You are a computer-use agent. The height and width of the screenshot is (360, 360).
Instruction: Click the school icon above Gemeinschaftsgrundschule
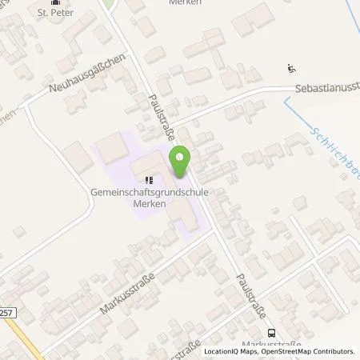pyautogui.click(x=148, y=179)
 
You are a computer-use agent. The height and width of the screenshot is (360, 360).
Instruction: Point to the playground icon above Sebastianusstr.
pyautogui.click(x=290, y=70)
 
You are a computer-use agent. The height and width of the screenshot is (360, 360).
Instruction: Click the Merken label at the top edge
pyautogui.click(x=184, y=2)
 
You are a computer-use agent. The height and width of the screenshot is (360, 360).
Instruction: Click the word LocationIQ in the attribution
pyautogui.click(x=219, y=350)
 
